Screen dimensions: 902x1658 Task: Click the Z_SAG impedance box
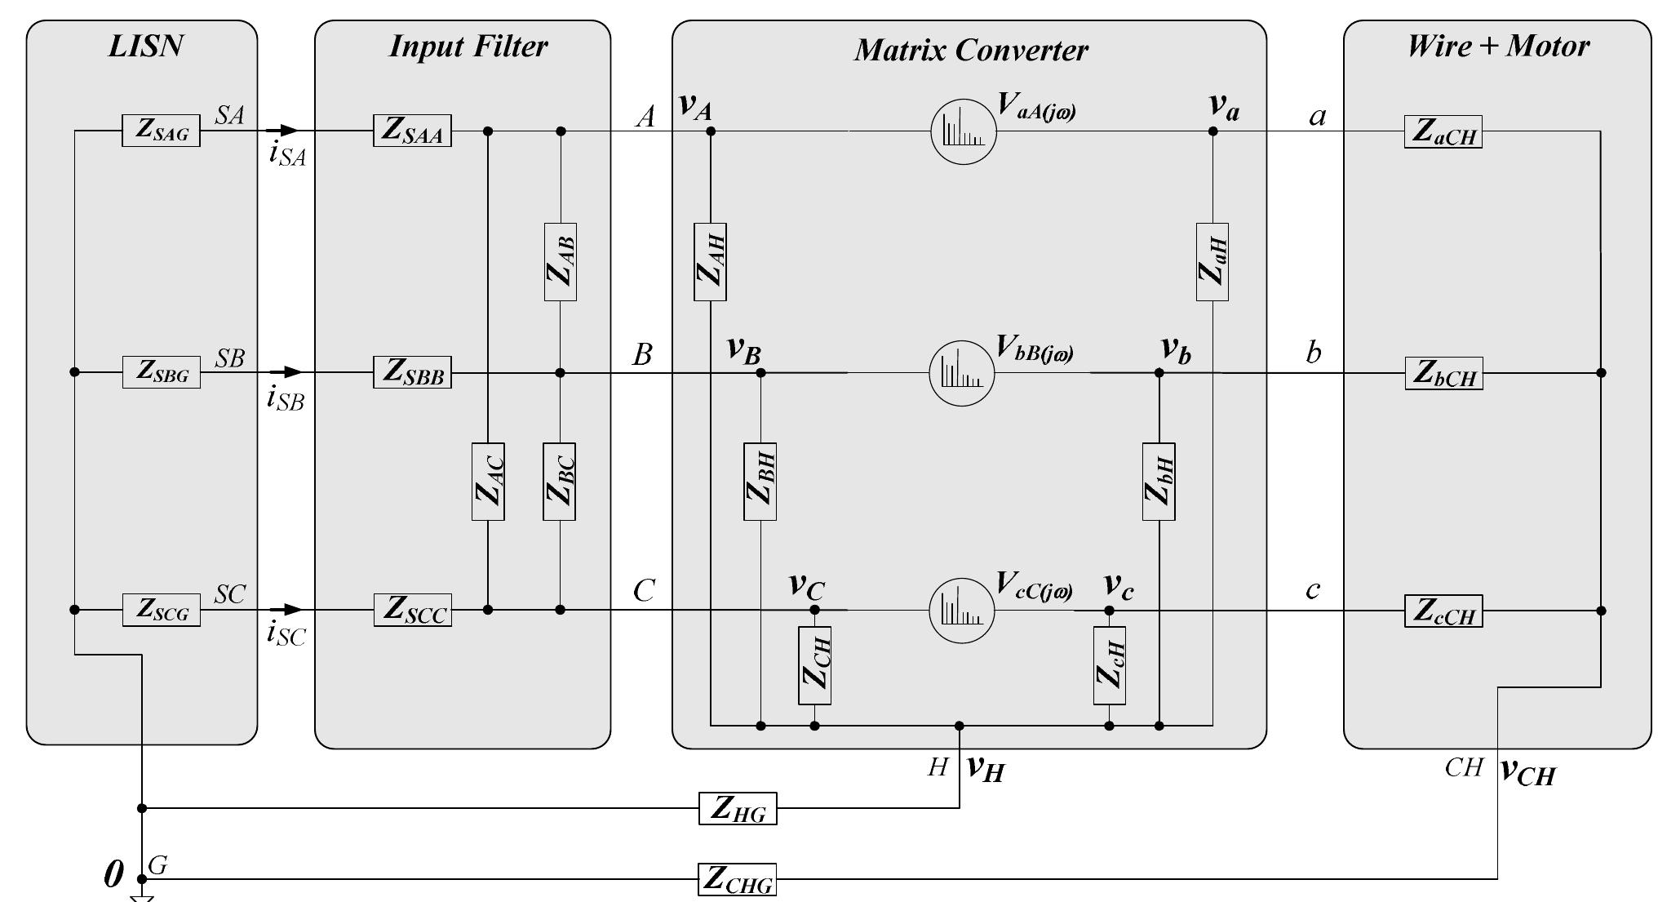pos(161,131)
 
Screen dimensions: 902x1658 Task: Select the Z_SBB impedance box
pos(412,372)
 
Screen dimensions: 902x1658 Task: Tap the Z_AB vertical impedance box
pos(560,261)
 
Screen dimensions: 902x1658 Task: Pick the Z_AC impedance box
pos(487,482)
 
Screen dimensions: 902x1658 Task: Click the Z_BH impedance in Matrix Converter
pos(760,482)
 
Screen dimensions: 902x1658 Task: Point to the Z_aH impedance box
pos(1212,261)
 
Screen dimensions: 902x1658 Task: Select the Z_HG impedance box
pos(738,808)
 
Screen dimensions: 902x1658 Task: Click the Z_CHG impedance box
pos(738,879)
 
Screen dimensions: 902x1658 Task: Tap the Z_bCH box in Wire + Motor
pos(1443,373)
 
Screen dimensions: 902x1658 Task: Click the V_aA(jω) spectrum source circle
pos(964,131)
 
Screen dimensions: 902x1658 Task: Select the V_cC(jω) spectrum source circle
pos(962,611)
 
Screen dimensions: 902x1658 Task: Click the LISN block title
pos(145,46)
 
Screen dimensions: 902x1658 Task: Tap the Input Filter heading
pos(468,46)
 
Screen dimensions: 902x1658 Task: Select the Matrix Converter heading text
pos(970,50)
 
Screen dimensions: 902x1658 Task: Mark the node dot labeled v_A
pos(710,131)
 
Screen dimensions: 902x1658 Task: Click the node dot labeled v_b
pos(1159,373)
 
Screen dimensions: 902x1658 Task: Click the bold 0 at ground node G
pos(113,875)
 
